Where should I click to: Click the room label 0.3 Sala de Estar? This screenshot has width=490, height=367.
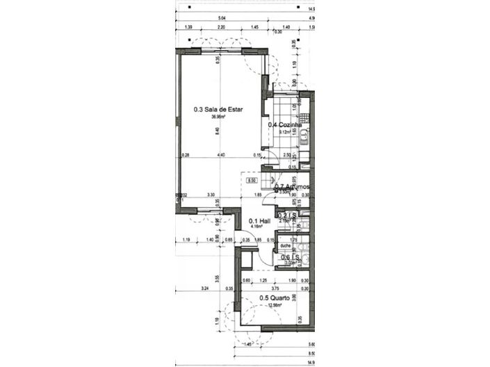coord(218,109)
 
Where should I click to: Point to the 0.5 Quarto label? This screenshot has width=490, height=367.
coord(275,298)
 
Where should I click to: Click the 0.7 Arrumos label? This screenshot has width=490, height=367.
coord(292,187)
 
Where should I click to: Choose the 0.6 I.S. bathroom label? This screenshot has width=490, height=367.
coord(289,257)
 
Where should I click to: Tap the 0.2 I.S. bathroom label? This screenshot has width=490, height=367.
coord(288,215)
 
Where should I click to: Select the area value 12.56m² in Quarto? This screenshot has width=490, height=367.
coord(275,305)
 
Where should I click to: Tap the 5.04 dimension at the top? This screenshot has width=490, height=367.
coord(222,17)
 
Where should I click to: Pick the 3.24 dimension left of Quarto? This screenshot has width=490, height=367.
coord(204,287)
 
